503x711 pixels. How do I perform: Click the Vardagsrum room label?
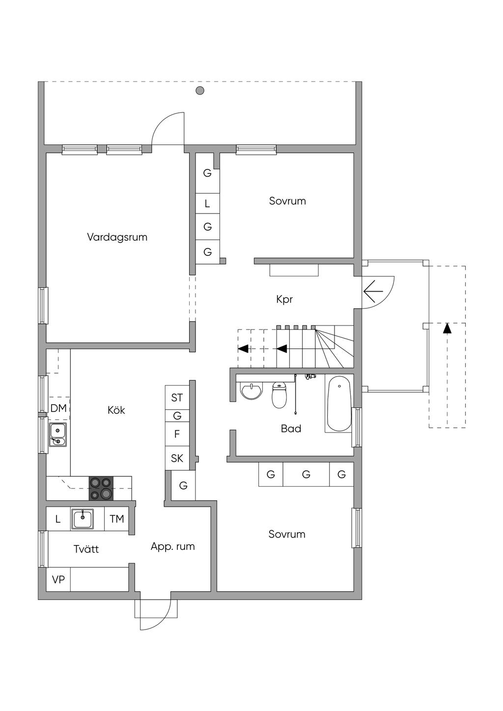click(117, 237)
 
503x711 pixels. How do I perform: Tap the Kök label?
click(116, 410)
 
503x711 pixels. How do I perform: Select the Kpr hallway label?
click(284, 299)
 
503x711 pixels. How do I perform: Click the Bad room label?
click(291, 429)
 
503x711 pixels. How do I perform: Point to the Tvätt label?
click(86, 549)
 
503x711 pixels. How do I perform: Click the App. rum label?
click(172, 547)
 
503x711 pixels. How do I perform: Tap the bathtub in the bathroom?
click(339, 404)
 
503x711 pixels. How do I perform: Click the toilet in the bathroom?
click(279, 395)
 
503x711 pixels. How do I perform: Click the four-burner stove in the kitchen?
click(101, 489)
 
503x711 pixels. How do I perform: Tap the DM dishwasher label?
click(58, 408)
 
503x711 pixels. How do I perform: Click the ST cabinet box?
click(177, 398)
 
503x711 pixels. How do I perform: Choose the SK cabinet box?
click(177, 458)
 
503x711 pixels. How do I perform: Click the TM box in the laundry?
click(117, 519)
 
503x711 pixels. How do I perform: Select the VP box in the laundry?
click(58, 580)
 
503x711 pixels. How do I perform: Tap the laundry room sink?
click(83, 519)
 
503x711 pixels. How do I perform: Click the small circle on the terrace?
click(200, 90)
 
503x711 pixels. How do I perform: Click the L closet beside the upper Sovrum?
click(207, 203)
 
